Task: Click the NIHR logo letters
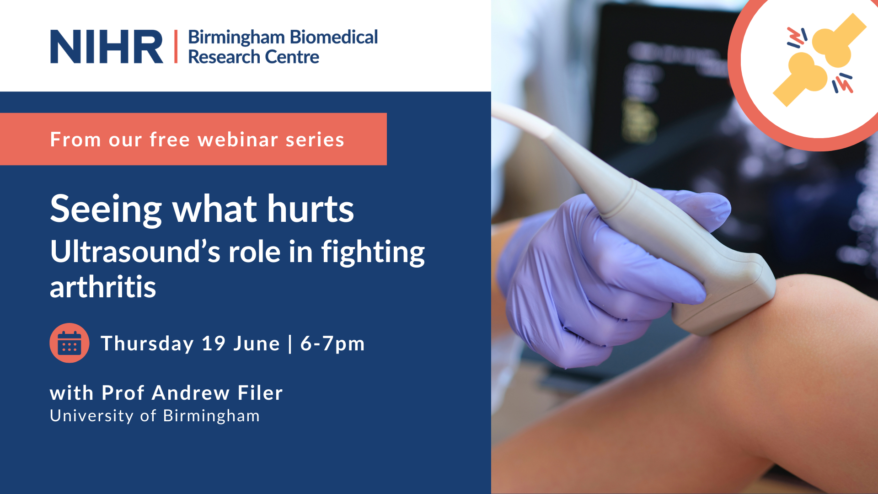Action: click(x=107, y=47)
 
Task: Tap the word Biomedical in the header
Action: click(x=334, y=37)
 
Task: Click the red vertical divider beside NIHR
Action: click(x=176, y=46)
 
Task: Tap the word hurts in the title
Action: click(x=311, y=209)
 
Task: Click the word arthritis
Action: click(x=103, y=287)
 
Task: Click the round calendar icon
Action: click(x=70, y=343)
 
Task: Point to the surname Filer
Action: click(x=260, y=393)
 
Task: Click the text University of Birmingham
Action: click(x=155, y=416)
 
